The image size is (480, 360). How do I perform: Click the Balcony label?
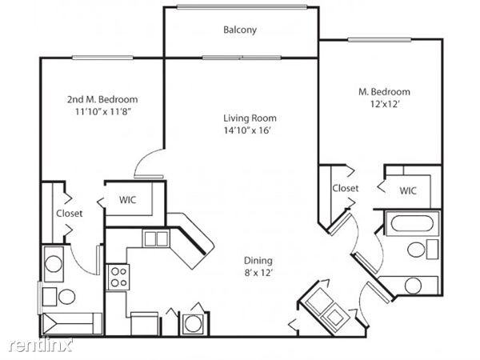coord(240,30)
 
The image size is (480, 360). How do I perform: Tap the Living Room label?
coord(250,118)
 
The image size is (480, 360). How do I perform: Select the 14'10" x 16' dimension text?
coord(248,130)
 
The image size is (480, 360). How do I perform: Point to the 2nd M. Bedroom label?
coord(102,99)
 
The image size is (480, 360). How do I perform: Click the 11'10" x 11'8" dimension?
coord(103,112)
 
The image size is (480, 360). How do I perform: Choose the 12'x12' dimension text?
coord(386,104)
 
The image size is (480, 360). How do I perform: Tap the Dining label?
coord(258,261)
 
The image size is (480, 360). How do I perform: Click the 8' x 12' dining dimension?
coord(258,273)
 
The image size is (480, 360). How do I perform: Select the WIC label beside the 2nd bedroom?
coord(128,200)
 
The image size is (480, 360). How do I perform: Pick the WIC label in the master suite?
coord(408,190)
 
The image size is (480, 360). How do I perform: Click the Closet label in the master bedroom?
coord(346,188)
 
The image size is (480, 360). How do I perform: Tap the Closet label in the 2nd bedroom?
coord(69,213)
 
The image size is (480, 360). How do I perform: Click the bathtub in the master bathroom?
coord(412,223)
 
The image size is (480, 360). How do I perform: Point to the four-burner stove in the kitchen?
coord(118,277)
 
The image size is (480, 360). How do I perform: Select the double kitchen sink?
coord(156,238)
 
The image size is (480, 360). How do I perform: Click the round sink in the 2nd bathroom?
coord(54,264)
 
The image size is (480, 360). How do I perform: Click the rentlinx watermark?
coord(41,345)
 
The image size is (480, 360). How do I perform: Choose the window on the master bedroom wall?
coord(379,39)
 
